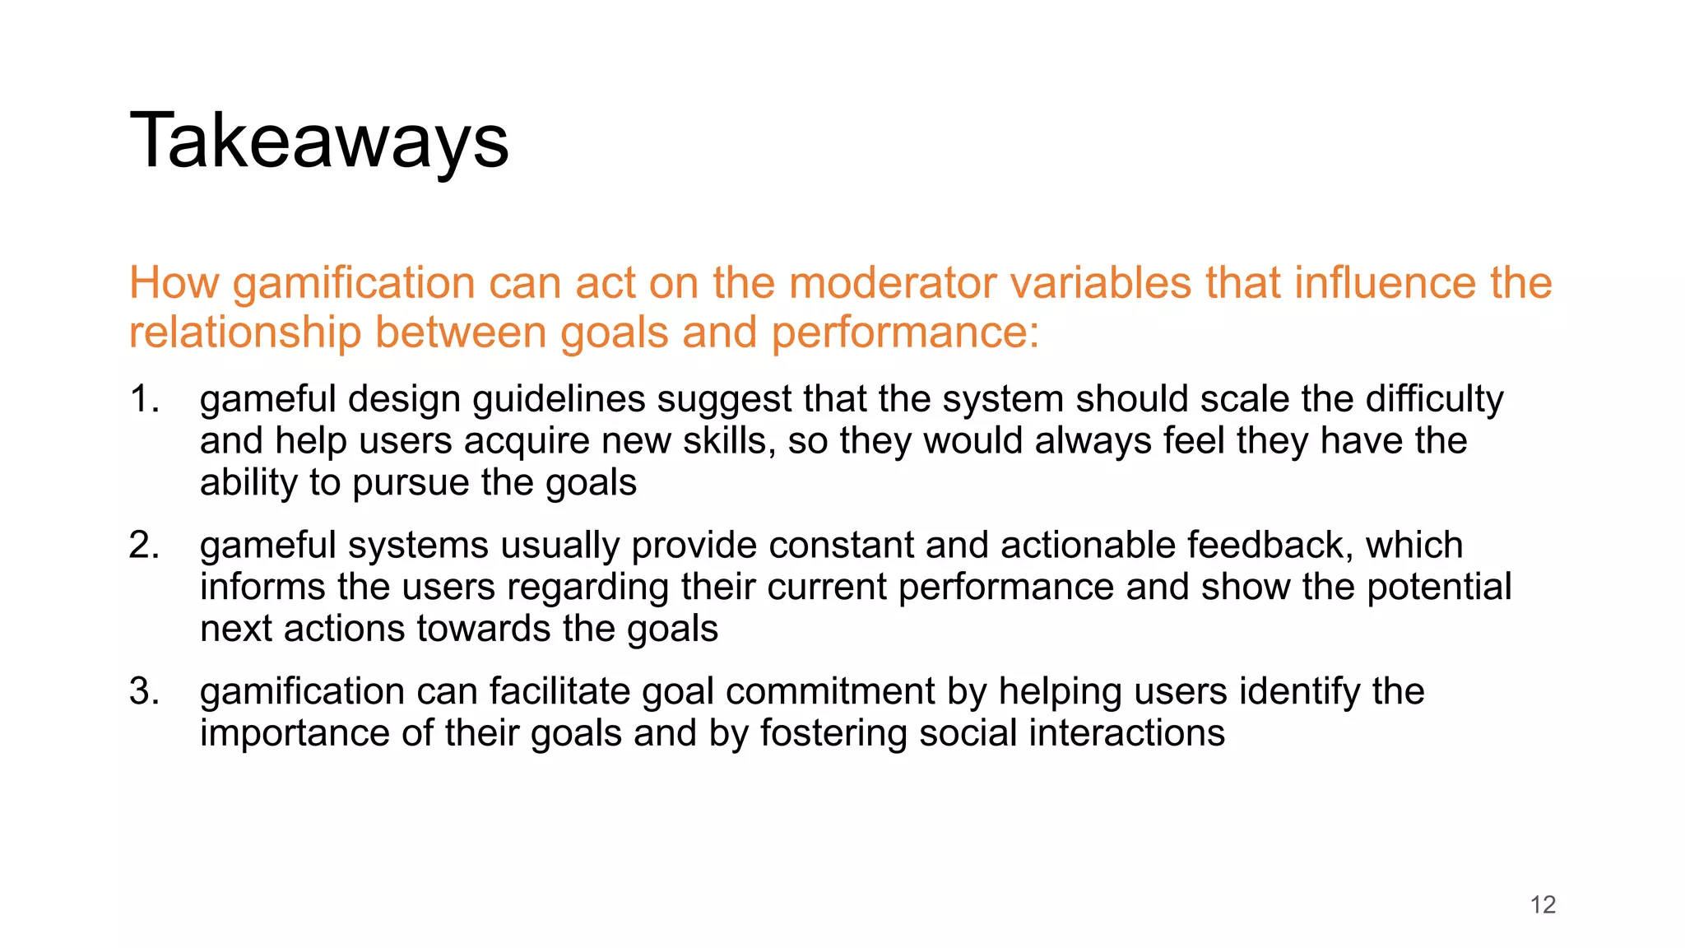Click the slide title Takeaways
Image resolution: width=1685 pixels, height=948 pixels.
tap(319, 142)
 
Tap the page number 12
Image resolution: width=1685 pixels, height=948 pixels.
tap(1543, 904)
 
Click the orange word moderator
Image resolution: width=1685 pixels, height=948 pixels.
tap(892, 283)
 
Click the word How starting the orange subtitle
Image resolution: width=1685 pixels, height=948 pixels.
tap(174, 283)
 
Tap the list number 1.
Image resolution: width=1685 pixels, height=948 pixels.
tap(143, 399)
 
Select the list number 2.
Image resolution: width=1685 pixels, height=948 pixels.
tap(143, 546)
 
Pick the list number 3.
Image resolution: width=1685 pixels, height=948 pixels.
tap(143, 691)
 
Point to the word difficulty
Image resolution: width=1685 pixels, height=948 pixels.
tap(1434, 399)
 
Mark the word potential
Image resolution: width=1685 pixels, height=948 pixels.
tap(1438, 588)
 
